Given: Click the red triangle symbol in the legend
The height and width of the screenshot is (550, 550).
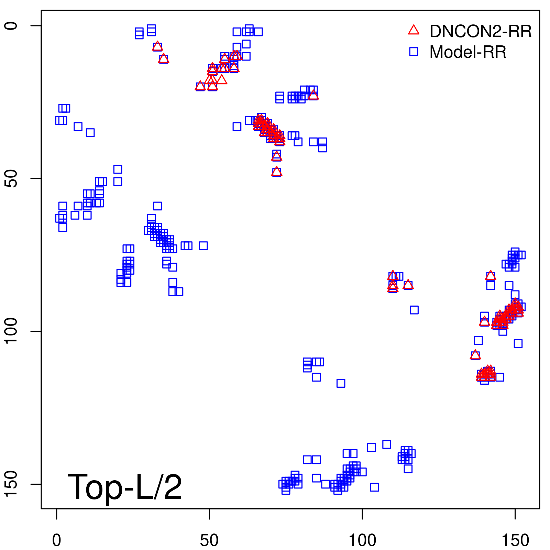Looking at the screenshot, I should coord(414,30).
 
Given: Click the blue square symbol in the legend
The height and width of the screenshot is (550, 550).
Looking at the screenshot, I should coord(414,52).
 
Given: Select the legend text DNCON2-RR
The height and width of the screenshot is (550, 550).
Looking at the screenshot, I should coord(481,31).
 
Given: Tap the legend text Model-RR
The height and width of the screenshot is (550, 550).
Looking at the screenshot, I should coord(468,52).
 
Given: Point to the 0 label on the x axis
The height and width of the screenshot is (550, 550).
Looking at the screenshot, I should coord(57,540).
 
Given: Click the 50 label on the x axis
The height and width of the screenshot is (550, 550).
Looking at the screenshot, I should coord(209,540).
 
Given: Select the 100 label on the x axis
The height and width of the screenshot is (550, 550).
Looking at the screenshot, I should coord(362,540).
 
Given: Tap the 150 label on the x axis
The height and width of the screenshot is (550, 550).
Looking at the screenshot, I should coord(515,540).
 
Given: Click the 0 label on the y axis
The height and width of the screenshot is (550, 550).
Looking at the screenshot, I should coord(11,26).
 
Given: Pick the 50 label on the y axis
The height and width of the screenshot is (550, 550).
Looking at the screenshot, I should coord(11,178).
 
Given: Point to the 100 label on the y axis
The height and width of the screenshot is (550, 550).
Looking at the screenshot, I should coord(11,331).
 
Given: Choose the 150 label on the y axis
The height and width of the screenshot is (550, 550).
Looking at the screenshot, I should coord(11,484).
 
